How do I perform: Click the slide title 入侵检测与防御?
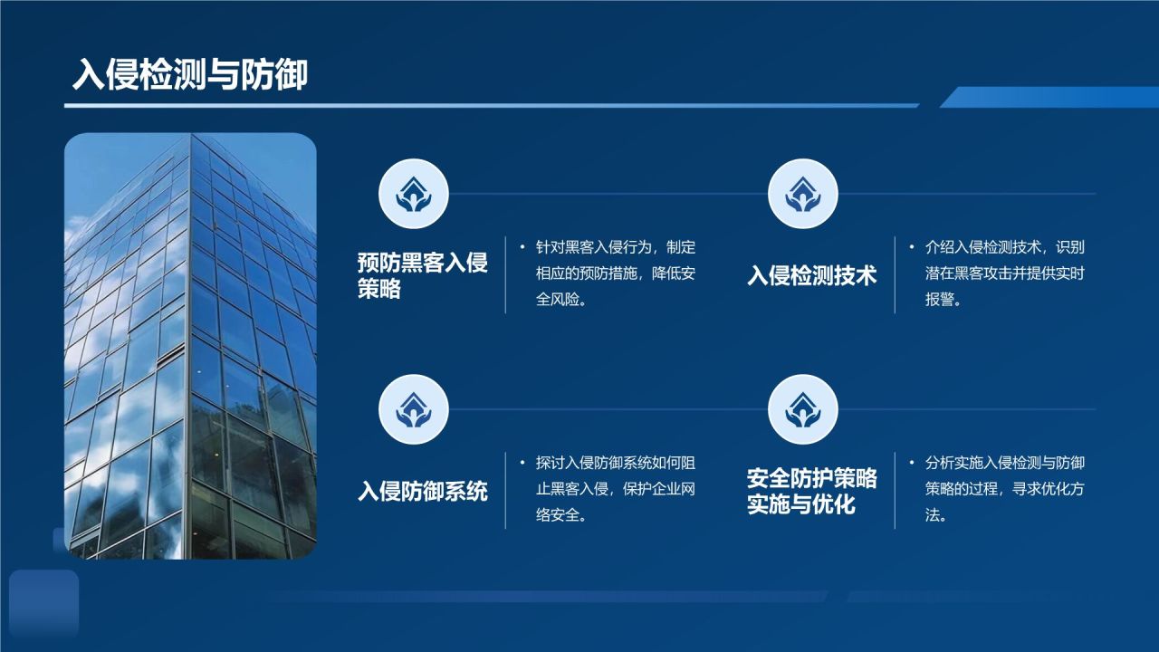coord(190,75)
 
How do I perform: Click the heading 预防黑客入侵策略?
coord(422,275)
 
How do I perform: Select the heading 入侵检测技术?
coord(811,275)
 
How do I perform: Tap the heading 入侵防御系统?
coord(422,491)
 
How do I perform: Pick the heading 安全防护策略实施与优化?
coord(811,491)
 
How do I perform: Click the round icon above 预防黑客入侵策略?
coord(413,193)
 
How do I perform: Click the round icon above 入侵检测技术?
coord(802,193)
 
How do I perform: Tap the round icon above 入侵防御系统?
coord(413,408)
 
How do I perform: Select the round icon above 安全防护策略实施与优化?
coord(802,408)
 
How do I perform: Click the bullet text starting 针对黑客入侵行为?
coord(616,273)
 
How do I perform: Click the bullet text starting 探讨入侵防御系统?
coord(616,489)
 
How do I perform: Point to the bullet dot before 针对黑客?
coord(522,247)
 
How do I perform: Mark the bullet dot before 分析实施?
coord(912,463)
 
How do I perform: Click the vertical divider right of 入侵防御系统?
coord(505,491)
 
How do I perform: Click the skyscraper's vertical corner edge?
coord(189,344)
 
